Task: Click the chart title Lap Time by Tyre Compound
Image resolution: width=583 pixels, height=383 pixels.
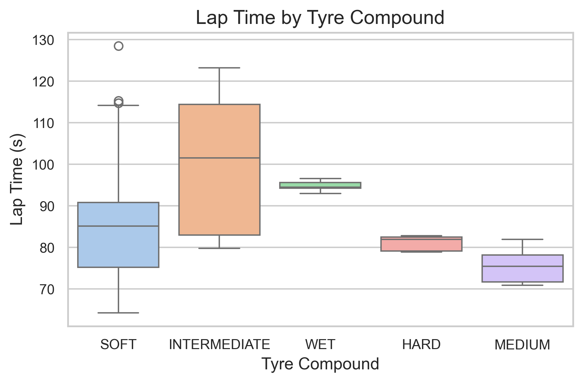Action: (x=320, y=18)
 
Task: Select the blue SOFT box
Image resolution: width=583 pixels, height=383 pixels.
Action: (x=118, y=246)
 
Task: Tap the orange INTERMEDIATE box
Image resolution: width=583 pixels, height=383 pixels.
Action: (x=219, y=196)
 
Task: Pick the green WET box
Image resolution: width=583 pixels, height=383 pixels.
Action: (x=320, y=185)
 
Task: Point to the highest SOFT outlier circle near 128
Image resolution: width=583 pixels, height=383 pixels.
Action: (x=118, y=46)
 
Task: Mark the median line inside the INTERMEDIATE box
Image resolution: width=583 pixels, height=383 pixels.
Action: (x=219, y=158)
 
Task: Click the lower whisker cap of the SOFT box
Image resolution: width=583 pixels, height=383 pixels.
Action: (x=118, y=313)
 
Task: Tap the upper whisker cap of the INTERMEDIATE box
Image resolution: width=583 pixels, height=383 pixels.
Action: (x=219, y=68)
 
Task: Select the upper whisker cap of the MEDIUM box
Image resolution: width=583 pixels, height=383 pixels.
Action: (x=522, y=239)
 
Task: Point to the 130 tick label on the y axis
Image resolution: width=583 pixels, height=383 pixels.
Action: (x=43, y=41)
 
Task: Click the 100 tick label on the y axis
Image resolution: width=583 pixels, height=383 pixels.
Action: (x=43, y=165)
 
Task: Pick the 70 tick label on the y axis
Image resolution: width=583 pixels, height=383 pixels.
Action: (x=47, y=290)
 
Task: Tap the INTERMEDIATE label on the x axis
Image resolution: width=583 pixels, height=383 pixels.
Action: (x=219, y=345)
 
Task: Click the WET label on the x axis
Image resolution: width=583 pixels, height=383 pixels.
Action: (x=320, y=345)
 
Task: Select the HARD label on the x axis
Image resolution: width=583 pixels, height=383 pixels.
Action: (x=421, y=345)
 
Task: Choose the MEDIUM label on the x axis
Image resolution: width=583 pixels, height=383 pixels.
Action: (x=522, y=345)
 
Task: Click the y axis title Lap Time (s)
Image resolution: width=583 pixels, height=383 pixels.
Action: (x=17, y=180)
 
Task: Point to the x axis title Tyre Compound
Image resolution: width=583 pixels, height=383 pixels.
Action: (x=320, y=364)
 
